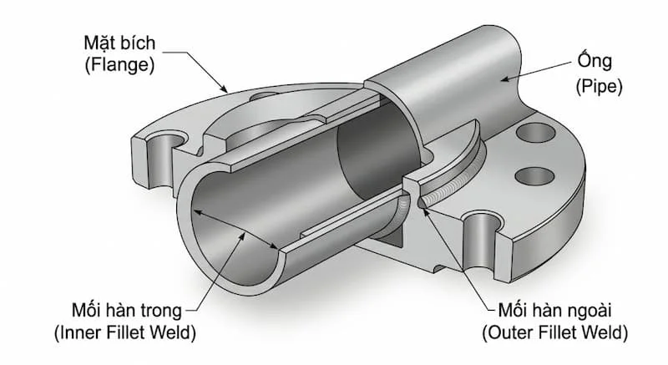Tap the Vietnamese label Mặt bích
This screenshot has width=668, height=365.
pyautogui.click(x=119, y=43)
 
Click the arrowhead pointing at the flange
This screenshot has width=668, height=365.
pyautogui.click(x=223, y=87)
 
